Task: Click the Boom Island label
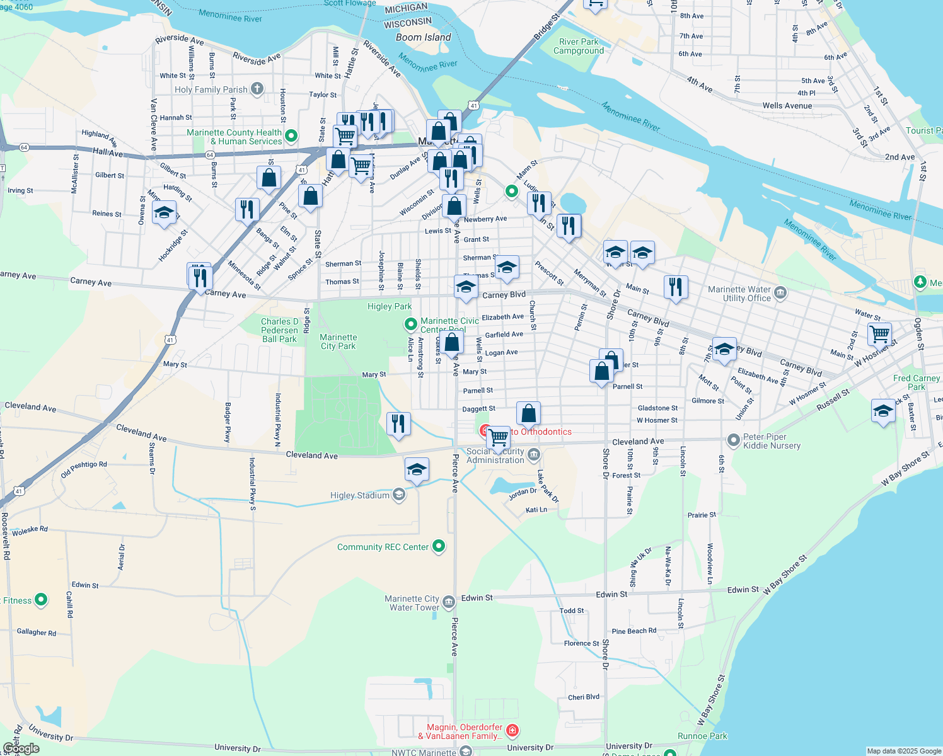pos(423,37)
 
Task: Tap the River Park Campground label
pos(578,46)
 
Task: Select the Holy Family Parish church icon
pos(257,89)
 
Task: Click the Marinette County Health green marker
pos(291,135)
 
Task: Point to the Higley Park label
pos(390,306)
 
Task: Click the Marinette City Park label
pos(338,341)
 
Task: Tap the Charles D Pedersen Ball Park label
pos(279,330)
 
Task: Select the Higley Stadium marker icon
pos(399,495)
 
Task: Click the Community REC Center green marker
pos(439,546)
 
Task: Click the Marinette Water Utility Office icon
pos(780,292)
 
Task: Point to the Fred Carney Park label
pos(917,382)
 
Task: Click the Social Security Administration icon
pos(534,454)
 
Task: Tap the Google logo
pos(21,748)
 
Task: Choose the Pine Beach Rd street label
pos(633,631)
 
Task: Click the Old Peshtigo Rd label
pos(84,469)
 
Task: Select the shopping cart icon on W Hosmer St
pos(879,334)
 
